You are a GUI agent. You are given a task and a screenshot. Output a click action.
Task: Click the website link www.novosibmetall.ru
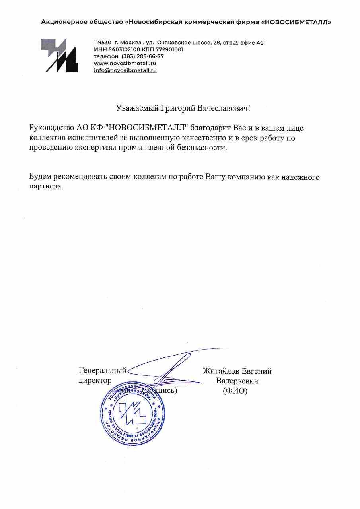[125, 64]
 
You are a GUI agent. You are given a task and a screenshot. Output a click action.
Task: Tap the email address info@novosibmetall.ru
[125, 70]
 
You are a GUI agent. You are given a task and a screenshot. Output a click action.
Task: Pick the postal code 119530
[102, 43]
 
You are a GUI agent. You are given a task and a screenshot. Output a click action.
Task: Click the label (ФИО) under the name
[235, 391]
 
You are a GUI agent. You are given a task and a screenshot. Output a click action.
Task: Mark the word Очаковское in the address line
[174, 43]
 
